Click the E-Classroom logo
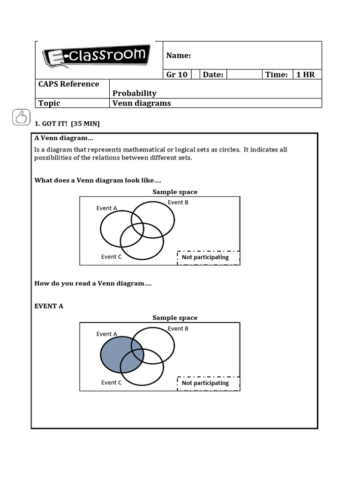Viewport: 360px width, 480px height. pos(97,57)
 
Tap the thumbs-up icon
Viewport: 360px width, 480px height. pos(21,117)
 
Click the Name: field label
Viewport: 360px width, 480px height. pos(179,56)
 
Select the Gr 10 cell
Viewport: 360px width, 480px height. pos(177,75)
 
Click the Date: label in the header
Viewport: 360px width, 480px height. pos(213,75)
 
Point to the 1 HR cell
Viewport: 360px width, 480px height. pos(305,75)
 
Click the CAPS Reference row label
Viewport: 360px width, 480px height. pos(68,84)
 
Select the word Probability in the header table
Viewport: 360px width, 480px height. pos(135,93)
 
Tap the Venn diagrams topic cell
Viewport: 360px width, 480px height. pos(142,103)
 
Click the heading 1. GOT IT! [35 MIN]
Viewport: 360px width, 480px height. pos(67,123)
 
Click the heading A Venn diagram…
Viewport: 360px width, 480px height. pos(64,138)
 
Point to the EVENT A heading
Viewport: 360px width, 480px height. pos(49,306)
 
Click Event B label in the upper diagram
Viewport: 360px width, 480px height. pos(178,202)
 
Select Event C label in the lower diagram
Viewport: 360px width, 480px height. pos(112,382)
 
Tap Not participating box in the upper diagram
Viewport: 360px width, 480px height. pos(208,257)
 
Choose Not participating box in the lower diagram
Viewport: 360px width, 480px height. pos(208,383)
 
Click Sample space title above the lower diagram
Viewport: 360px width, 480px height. pos(175,318)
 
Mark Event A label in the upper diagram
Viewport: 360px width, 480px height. pos(107,208)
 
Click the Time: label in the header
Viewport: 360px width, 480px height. pos(276,75)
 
